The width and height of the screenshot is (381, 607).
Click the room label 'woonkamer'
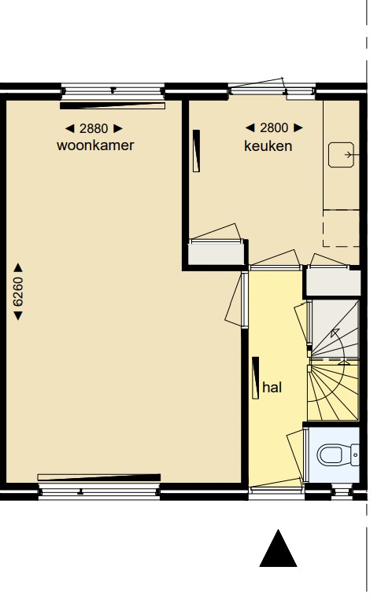[95, 146]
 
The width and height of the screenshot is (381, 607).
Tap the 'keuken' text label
[268, 146]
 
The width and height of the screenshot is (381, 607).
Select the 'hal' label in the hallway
[272, 388]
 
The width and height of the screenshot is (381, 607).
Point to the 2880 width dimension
[94, 128]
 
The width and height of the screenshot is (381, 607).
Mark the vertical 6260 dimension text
[18, 291]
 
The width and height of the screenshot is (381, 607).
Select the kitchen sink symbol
[343, 156]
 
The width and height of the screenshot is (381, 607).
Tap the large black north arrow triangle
[278, 549]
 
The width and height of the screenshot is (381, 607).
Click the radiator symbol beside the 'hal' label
[256, 378]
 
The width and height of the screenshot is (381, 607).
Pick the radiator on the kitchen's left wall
[196, 151]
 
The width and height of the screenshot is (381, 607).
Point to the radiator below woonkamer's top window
[113, 105]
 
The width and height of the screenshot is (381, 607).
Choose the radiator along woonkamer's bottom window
[99, 476]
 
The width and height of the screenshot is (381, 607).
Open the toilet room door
[305, 454]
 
